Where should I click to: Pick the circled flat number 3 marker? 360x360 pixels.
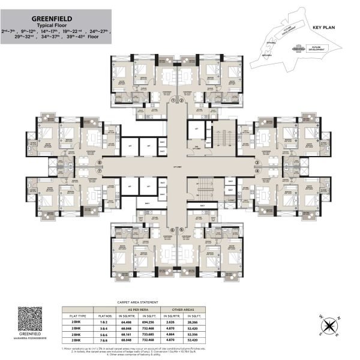(x=257, y=162)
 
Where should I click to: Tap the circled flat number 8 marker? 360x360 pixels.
(x=100, y=162)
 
